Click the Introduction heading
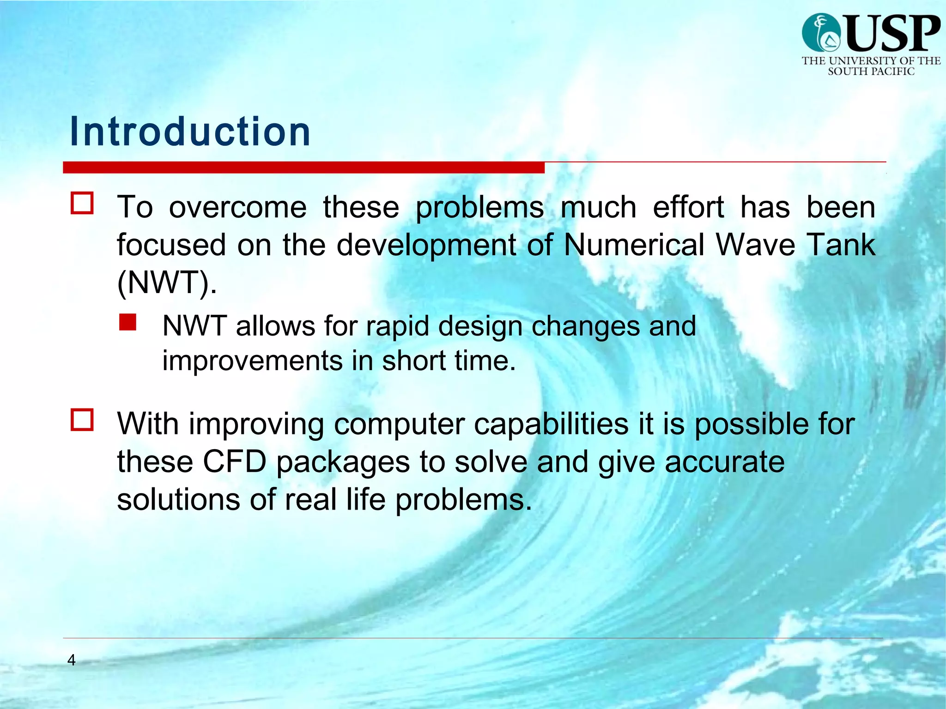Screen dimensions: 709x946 coord(190,132)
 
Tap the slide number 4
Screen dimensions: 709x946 coord(71,660)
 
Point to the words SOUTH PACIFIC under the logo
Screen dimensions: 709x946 coord(871,72)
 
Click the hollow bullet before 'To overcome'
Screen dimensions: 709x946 coord(82,204)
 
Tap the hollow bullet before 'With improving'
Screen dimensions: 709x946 coord(82,420)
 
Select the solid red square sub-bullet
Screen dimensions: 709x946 coord(127,322)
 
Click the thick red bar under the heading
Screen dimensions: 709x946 coord(303,168)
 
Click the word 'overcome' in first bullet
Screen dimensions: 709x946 coord(237,207)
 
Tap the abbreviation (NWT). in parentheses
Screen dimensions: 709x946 coord(167,282)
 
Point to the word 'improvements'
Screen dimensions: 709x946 coord(252,361)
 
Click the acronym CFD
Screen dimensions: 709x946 coord(234,462)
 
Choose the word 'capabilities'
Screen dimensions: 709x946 coord(551,424)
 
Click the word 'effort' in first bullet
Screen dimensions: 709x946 coord(688,207)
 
